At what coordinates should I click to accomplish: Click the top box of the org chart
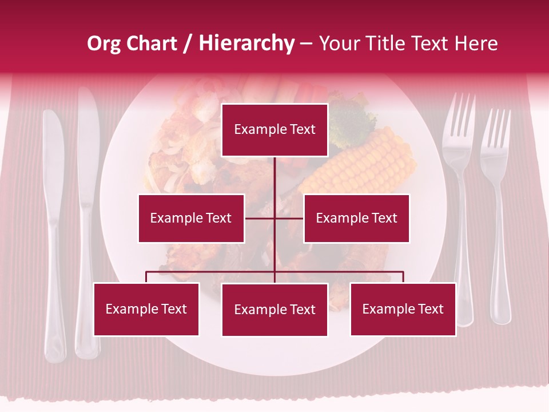(x=274, y=130)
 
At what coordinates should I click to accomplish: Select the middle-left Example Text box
(x=191, y=218)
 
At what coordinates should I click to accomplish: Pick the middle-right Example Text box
(x=356, y=218)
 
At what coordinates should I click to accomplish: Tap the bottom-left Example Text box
(x=146, y=309)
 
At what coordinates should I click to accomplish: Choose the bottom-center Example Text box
(x=274, y=310)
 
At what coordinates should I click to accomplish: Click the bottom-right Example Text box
(x=403, y=309)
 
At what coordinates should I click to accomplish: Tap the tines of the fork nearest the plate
(x=460, y=114)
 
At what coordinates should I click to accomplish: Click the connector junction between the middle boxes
(x=274, y=218)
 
